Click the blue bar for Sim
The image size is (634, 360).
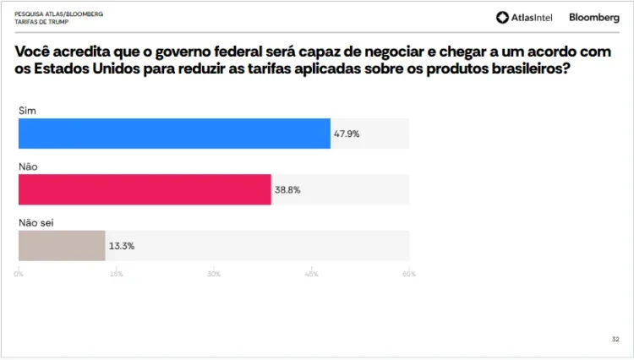tap(174, 134)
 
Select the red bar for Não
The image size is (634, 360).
tap(145, 190)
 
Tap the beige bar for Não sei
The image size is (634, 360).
tap(62, 246)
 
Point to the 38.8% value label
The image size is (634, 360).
tap(287, 190)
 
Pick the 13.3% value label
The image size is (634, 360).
tap(122, 246)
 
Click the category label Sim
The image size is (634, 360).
tap(27, 111)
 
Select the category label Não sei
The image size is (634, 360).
tap(36, 223)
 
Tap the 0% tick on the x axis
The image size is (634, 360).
tap(19, 274)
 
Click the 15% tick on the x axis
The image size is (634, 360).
tap(117, 274)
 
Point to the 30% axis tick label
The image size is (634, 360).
tap(214, 274)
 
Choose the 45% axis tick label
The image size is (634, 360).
tap(311, 274)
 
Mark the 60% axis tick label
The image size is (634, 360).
tap(409, 274)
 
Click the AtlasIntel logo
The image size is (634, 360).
tap(524, 17)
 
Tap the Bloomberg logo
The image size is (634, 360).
tap(594, 17)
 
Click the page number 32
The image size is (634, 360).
tap(615, 339)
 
